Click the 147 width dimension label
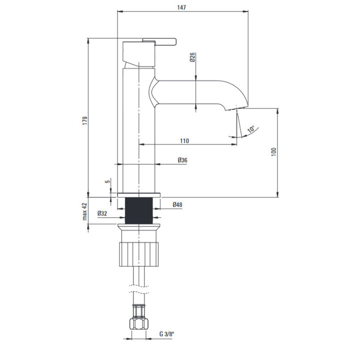[x=181, y=7]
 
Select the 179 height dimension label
[x=85, y=120]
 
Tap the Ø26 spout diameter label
[x=192, y=57]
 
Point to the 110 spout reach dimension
[x=184, y=140]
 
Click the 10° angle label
[x=251, y=129]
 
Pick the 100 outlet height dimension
[x=273, y=152]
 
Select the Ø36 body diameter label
[x=182, y=160]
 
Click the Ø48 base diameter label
[x=177, y=204]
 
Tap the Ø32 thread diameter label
[x=102, y=213]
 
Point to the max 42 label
[x=85, y=211]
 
